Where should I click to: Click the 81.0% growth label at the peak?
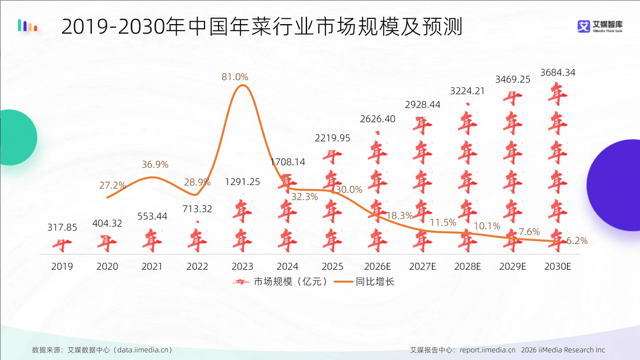click(x=235, y=77)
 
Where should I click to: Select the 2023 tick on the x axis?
click(x=242, y=266)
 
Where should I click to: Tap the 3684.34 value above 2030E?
click(x=554, y=72)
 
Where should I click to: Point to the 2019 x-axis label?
click(x=62, y=266)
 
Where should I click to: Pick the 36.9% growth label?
click(x=155, y=164)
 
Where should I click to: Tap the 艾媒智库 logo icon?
click(x=583, y=27)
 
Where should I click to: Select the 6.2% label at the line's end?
click(x=576, y=240)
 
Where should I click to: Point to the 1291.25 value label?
click(x=242, y=181)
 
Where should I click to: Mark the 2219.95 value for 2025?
click(x=332, y=138)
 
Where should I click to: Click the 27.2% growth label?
click(x=113, y=185)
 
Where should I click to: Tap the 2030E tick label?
click(x=557, y=266)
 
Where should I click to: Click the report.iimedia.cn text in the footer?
click(x=487, y=350)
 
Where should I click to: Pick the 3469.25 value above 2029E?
click(x=513, y=79)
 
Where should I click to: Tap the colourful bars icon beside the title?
click(x=28, y=25)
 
